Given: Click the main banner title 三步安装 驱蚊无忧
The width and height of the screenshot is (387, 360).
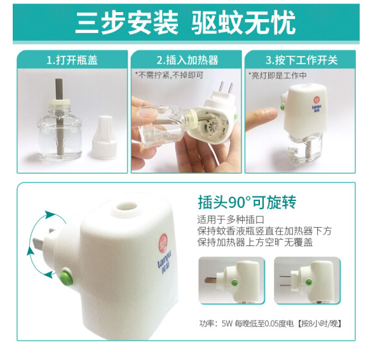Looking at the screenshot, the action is click(186, 23).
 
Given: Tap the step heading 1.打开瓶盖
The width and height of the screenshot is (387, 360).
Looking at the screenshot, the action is click(72, 60).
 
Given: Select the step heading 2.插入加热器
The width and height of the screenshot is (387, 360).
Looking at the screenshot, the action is click(187, 60).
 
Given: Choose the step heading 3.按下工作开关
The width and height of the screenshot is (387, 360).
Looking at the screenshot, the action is click(302, 60).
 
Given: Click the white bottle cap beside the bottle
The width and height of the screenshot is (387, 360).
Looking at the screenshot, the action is click(104, 137).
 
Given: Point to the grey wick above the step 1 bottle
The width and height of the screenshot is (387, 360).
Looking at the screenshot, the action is click(59, 89).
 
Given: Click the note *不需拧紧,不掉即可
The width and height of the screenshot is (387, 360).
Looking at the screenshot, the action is click(169, 75).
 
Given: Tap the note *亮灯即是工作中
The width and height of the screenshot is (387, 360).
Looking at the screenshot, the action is click(278, 75).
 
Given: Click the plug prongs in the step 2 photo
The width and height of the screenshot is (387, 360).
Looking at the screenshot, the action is click(226, 90).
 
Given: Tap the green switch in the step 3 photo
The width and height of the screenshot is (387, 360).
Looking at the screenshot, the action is click(282, 107).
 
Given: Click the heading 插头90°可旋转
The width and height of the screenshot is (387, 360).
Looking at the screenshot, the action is click(247, 203).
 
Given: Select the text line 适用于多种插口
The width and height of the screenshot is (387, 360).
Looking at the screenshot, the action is click(231, 219).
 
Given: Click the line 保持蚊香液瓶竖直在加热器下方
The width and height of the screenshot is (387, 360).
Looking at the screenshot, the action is click(264, 231).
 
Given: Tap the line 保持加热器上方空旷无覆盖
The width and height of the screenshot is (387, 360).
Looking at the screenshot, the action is click(255, 242).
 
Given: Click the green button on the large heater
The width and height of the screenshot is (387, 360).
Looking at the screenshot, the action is click(67, 277).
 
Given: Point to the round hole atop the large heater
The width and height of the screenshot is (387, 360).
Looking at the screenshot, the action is click(126, 206).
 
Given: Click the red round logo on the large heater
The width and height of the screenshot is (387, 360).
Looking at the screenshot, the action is click(163, 243).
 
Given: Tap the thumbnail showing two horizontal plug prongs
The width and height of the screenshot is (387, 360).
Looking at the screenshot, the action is click(308, 280).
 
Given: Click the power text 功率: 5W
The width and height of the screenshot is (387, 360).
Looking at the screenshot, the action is click(216, 324).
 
